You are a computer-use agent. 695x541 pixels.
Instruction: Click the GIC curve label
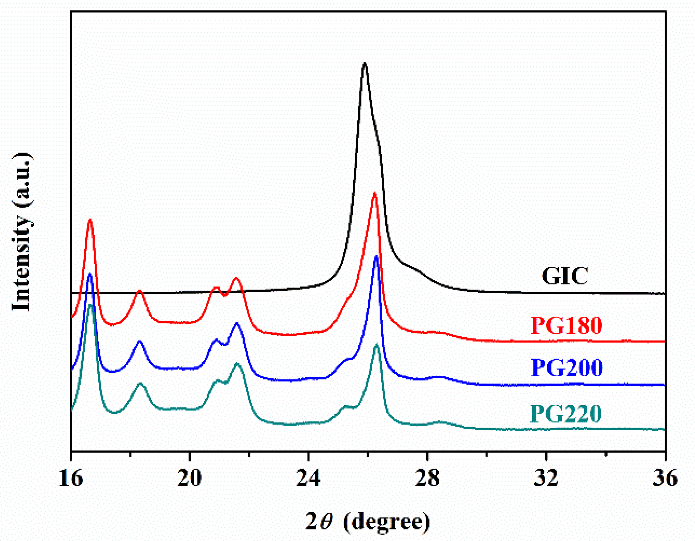coord(565,276)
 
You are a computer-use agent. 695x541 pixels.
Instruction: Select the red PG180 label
coord(566,325)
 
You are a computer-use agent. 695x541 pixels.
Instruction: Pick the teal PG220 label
coord(565,413)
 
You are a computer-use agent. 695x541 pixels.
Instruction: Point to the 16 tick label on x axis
coord(71,478)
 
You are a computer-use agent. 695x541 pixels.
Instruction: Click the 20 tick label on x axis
coord(189,478)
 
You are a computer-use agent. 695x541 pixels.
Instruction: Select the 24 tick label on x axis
coord(308,478)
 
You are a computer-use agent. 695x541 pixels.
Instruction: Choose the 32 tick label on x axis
coord(546,478)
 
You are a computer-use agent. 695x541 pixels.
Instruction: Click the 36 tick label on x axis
coord(665,478)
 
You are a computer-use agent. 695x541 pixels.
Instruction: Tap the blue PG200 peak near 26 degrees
coord(376,256)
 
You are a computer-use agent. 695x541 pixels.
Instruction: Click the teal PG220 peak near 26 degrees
coord(377,344)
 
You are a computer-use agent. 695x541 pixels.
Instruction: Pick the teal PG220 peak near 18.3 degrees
coord(140,384)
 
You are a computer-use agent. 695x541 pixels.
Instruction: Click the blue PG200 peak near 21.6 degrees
coord(237,323)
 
